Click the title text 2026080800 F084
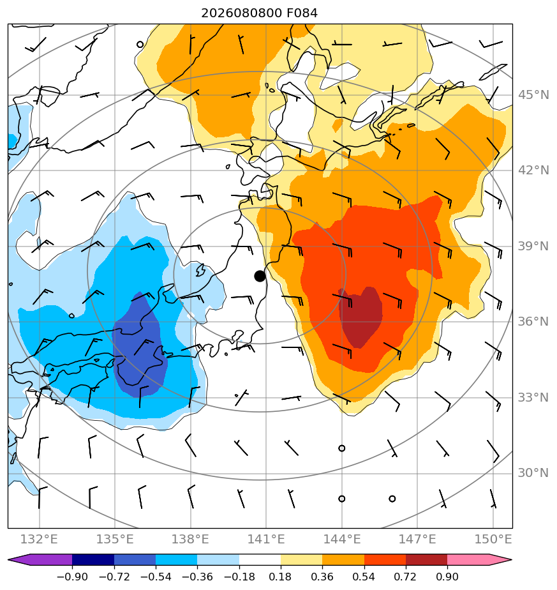coord(259,13)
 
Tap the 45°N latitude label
coord(533,95)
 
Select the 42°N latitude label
coord(533,170)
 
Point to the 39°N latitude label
coord(533,246)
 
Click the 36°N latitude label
coord(533,322)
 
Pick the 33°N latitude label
coord(533,397)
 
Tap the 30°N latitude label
coord(533,473)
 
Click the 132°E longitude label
coord(39,539)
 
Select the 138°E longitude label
coord(190,539)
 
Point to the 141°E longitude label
coord(266,539)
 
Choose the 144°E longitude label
coord(342,539)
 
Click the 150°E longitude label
coord(493,539)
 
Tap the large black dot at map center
coord(260,276)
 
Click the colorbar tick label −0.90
coord(72,577)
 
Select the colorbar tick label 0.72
coord(405,577)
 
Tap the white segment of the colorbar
coord(260,559)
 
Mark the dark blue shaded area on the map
coord(139,346)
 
